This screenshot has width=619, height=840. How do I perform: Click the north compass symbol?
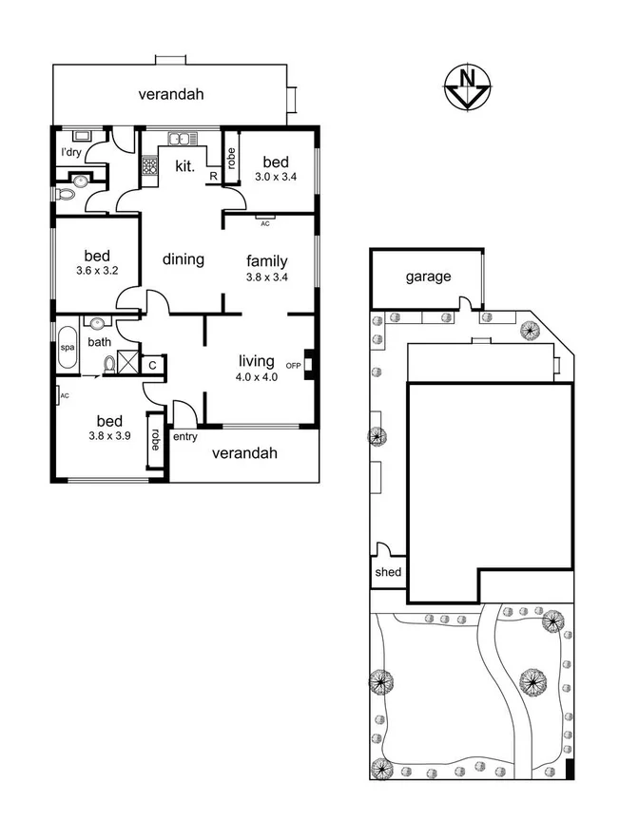pyautogui.click(x=466, y=87)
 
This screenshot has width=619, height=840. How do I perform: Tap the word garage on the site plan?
pyautogui.click(x=428, y=277)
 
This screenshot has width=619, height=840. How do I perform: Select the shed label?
pyautogui.click(x=389, y=573)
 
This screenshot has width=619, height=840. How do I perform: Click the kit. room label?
pyautogui.click(x=184, y=166)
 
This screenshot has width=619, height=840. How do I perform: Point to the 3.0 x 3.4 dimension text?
pyautogui.click(x=277, y=177)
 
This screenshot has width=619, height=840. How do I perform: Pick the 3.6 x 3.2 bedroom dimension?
pyautogui.click(x=97, y=271)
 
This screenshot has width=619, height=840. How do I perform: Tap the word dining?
pyautogui.click(x=183, y=259)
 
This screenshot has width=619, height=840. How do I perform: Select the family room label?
pyautogui.click(x=266, y=261)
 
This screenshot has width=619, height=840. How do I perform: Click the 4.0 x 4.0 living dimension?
pyautogui.click(x=257, y=377)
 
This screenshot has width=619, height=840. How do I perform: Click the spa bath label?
pyautogui.click(x=67, y=348)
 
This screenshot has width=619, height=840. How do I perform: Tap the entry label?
pyautogui.click(x=184, y=437)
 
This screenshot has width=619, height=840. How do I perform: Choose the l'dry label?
pyautogui.click(x=71, y=152)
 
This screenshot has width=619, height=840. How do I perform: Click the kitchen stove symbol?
pyautogui.click(x=149, y=167)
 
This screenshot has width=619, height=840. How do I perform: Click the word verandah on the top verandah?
pyautogui.click(x=171, y=94)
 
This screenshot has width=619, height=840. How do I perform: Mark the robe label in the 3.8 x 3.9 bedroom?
pyautogui.click(x=154, y=439)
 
